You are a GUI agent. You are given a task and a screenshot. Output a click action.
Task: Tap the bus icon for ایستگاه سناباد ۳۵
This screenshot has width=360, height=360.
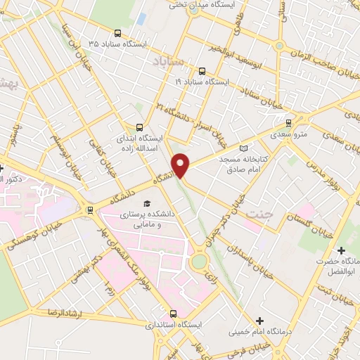[116, 33]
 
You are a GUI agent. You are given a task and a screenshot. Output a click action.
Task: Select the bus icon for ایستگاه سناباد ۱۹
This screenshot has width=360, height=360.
[202, 71]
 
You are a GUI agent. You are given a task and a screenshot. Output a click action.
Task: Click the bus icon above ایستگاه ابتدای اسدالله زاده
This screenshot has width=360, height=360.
[139, 127]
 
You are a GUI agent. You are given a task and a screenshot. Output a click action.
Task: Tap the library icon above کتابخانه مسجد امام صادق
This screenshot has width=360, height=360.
[243, 148]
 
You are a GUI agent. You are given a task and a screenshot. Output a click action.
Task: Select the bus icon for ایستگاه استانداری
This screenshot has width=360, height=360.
[174, 314]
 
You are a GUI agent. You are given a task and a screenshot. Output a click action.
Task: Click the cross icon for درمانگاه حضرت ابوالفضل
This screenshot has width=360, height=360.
[341, 250]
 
